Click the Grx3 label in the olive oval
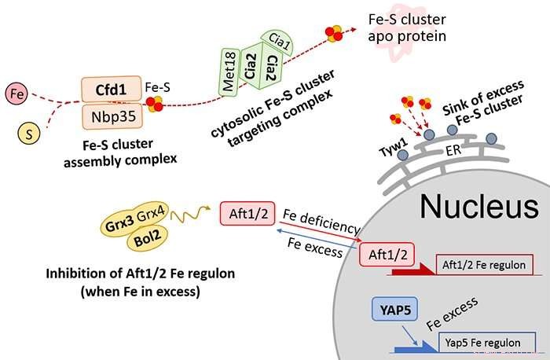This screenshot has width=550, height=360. (119, 222)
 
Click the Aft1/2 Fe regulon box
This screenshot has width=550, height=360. (481, 265)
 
